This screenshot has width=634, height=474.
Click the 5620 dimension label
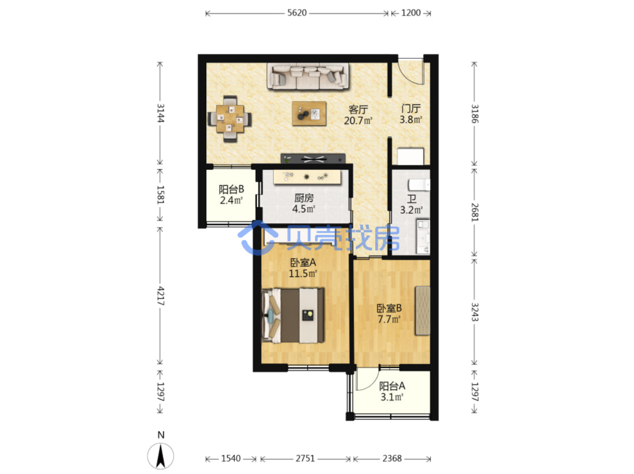coord(296,13)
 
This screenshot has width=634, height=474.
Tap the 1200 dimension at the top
coord(411,13)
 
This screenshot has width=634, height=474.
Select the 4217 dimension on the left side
coord(160,296)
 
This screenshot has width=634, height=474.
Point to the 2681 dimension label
coord(475,212)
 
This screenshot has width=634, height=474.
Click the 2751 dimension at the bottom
coord(305,458)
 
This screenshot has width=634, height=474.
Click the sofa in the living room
coord(307,76)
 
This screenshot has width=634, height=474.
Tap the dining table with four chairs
coord(230,119)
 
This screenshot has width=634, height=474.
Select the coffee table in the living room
coord(309,113)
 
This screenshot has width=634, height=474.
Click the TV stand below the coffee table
coord(313,158)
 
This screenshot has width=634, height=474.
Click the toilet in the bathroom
coord(419,185)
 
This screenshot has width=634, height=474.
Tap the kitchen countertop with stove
coord(307,176)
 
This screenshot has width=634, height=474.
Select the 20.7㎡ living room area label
coord(357,121)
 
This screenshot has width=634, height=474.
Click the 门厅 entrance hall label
coord(411,108)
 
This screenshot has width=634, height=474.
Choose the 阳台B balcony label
coord(231,189)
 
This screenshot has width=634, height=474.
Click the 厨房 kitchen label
coord(304,198)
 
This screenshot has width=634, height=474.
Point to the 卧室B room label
coord(389,309)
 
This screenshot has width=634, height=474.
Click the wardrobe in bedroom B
coord(422,311)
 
